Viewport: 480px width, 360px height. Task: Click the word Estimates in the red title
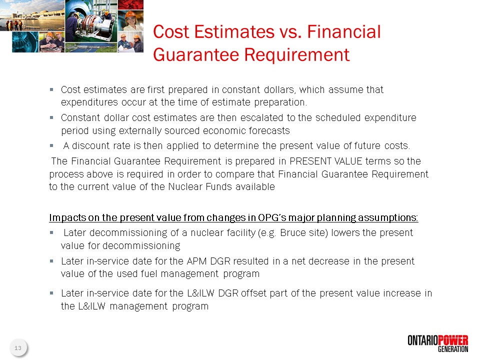click(234, 32)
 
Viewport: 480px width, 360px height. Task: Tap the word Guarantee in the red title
click(196, 55)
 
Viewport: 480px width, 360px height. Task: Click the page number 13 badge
click(18, 348)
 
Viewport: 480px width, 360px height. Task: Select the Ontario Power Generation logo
click(438, 343)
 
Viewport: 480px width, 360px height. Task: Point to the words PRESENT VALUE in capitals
click(325, 161)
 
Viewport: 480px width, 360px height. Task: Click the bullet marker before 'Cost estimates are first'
click(51, 89)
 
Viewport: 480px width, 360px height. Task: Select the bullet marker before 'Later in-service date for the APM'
click(51, 261)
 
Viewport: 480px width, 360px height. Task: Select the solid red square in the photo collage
click(130, 4)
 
